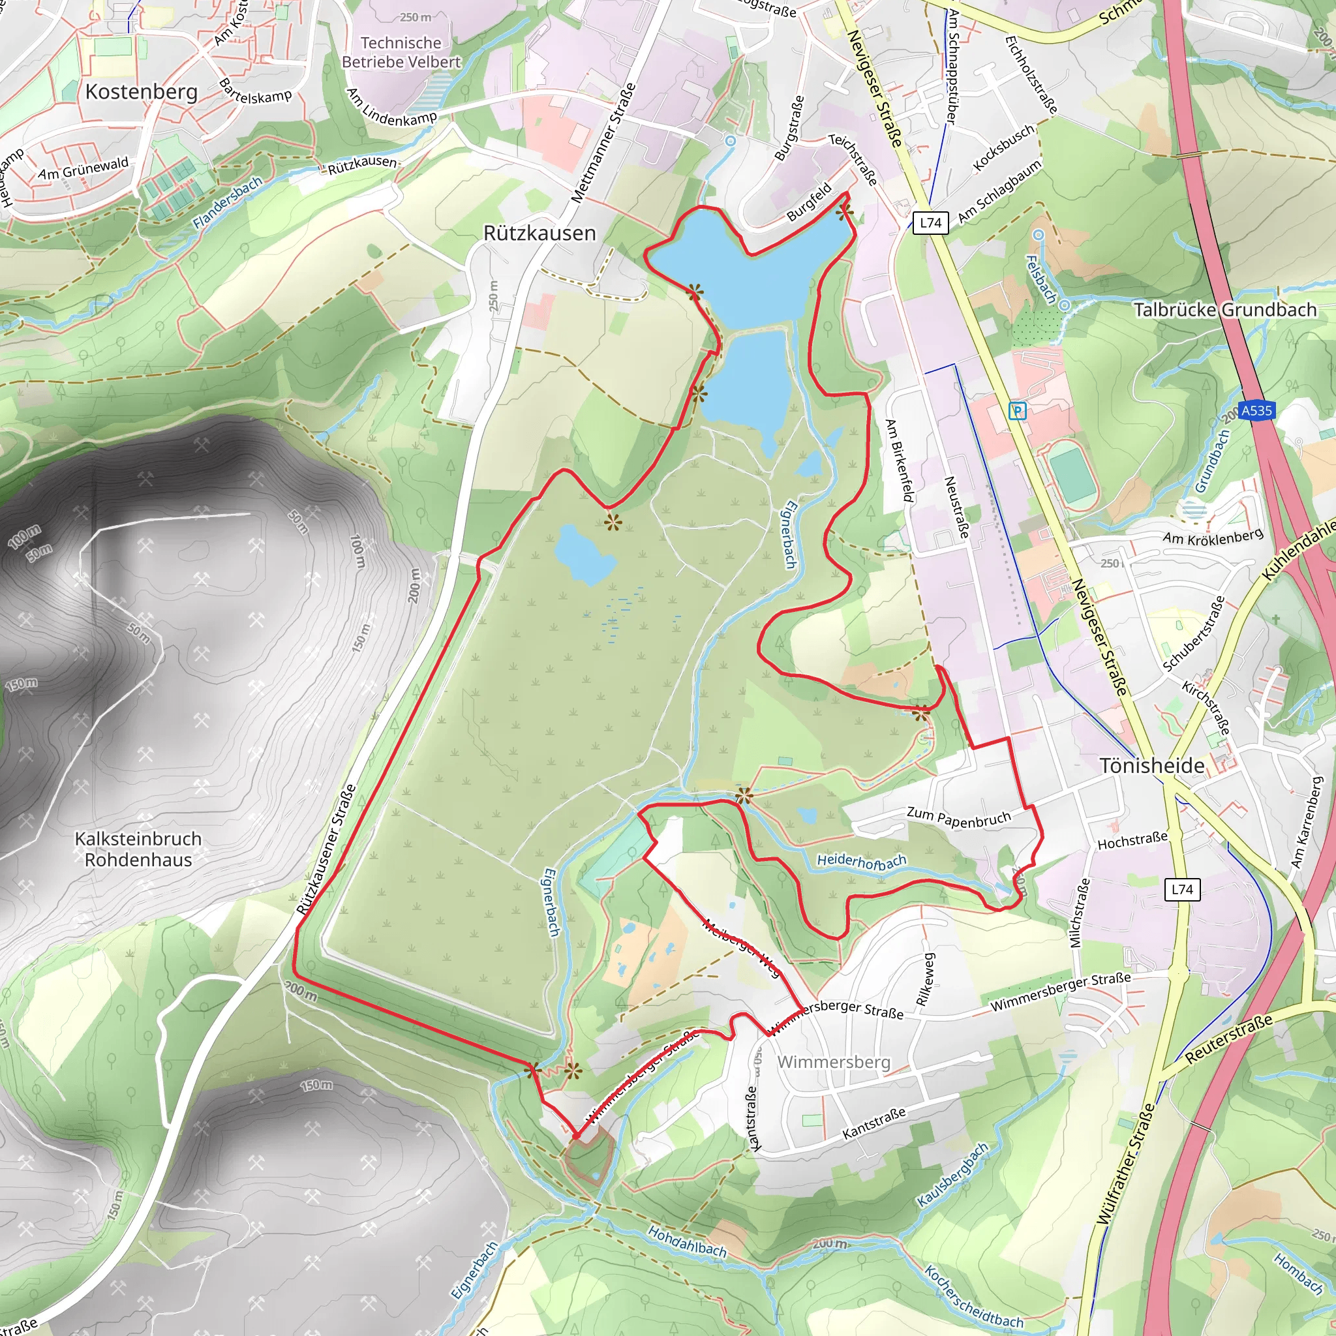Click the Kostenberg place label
pos(141,92)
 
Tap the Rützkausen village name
pos(539,233)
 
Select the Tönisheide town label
pos(1152,765)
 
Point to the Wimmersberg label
pos(834,1061)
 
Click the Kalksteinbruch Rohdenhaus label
pos(138,849)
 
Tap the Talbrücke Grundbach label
pos(1224,310)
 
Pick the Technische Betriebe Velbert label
pos(401,53)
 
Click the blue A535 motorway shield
pos(1256,411)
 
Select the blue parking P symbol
pos(1017,411)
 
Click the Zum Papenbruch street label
pos(958,817)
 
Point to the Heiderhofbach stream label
pos(861,862)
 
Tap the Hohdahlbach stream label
pos(688,1241)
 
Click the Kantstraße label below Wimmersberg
pos(873,1124)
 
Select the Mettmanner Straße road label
pos(603,144)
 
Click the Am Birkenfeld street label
pos(900,461)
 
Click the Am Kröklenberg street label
pos(1213,537)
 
